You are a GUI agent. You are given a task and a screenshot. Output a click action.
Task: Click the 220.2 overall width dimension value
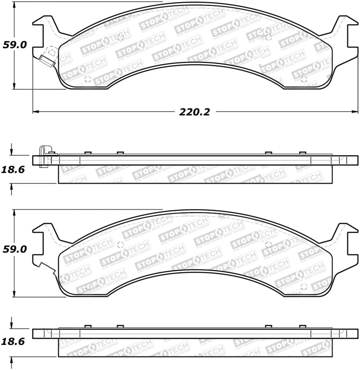click(194, 112)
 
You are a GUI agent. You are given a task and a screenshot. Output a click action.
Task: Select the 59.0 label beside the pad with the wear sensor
click(15, 45)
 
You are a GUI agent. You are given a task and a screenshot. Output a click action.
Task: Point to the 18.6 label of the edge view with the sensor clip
click(15, 169)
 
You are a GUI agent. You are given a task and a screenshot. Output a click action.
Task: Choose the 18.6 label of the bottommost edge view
click(15, 342)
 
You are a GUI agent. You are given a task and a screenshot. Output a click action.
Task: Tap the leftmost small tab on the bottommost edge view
click(88, 326)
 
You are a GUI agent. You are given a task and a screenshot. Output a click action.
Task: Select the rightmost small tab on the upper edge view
click(302, 153)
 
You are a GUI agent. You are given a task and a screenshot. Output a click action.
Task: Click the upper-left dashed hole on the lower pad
click(120, 245)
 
